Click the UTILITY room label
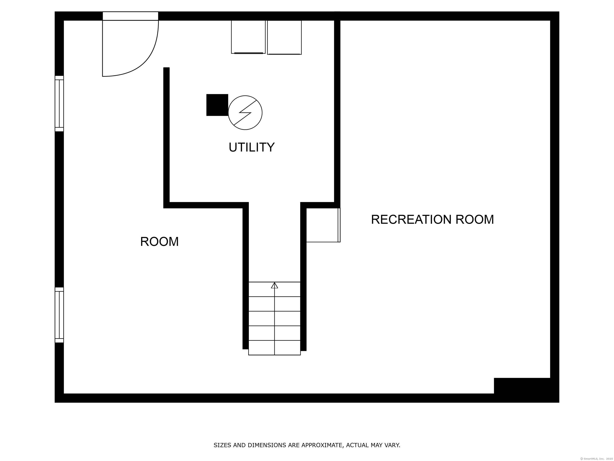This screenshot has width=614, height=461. (x=251, y=147)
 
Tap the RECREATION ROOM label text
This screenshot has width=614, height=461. (x=433, y=219)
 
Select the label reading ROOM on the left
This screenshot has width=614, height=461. (x=159, y=242)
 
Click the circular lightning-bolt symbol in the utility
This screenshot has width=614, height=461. (x=245, y=112)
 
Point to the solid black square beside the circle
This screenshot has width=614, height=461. (x=217, y=105)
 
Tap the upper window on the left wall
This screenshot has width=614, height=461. (x=59, y=103)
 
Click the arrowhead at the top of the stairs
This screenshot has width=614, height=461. (x=275, y=285)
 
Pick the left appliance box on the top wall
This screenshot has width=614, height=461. (x=248, y=37)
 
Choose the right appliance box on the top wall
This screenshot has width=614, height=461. (x=284, y=37)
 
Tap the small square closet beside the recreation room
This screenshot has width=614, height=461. (x=323, y=225)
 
